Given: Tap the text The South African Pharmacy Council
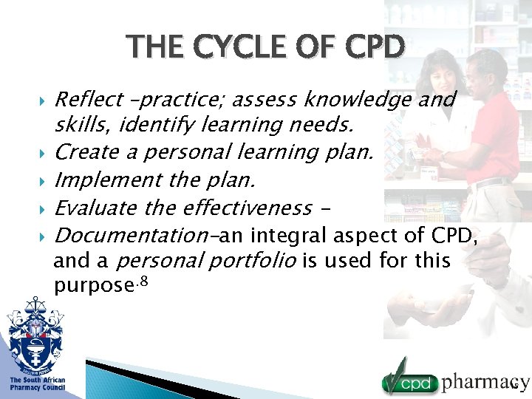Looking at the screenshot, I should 37,383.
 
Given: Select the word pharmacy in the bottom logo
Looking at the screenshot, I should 485,382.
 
